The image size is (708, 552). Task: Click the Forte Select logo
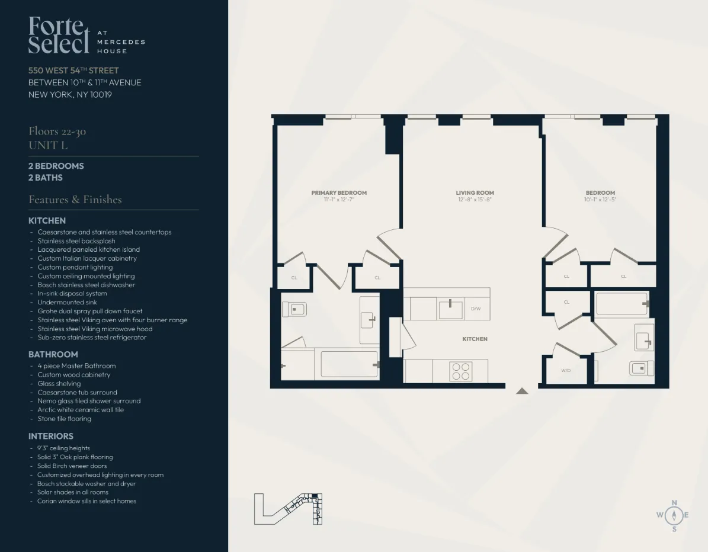(x=59, y=35)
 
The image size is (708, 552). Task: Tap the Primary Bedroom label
(x=339, y=192)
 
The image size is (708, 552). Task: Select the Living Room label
(x=475, y=192)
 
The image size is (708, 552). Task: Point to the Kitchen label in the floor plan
(x=475, y=339)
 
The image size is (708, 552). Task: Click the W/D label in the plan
(x=566, y=371)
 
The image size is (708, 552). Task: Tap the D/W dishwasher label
(x=476, y=309)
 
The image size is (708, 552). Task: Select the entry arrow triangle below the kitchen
(x=521, y=391)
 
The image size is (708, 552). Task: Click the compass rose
(x=674, y=515)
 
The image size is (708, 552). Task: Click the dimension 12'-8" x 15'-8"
(x=475, y=200)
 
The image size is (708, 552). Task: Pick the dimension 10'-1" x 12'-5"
(x=600, y=200)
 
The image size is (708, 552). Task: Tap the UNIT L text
(x=48, y=145)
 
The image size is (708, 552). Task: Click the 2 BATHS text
(x=46, y=178)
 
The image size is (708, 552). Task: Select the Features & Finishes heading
(x=75, y=200)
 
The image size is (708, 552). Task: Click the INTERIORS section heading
(x=51, y=436)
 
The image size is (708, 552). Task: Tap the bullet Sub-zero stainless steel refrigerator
(x=92, y=338)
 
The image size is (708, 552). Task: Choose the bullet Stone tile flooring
(x=65, y=419)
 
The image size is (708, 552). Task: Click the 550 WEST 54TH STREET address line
(x=73, y=70)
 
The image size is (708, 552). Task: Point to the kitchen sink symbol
(x=450, y=309)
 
